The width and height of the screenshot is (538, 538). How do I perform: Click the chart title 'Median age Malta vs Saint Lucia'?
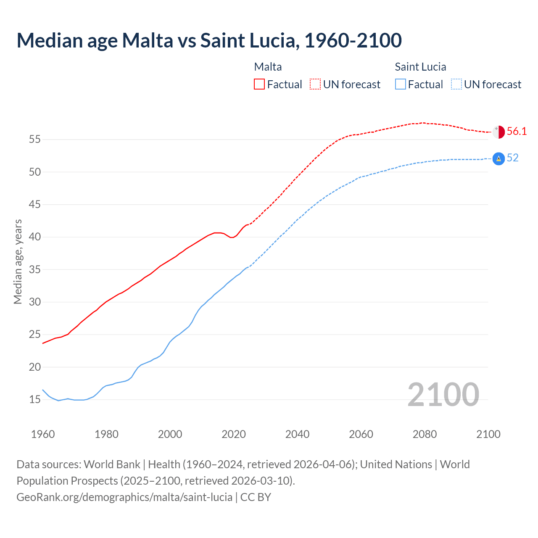point(209,40)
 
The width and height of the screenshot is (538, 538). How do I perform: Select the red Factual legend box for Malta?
point(259,84)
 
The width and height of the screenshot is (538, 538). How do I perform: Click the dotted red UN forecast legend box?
point(315,84)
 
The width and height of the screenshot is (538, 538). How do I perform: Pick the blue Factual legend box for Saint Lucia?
point(401,84)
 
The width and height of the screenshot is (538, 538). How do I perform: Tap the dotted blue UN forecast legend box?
point(456,84)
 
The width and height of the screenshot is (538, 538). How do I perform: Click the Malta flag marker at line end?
point(498,132)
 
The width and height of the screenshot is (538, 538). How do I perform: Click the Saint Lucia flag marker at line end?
point(498,158)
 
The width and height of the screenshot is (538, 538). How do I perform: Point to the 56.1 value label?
point(517,131)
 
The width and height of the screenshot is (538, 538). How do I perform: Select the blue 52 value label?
point(513,158)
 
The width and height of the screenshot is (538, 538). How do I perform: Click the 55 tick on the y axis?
point(35,139)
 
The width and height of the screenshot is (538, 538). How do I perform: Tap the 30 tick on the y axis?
point(35,302)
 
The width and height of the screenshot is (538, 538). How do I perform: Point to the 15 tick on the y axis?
point(35,399)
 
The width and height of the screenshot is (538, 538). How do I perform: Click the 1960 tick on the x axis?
point(43,434)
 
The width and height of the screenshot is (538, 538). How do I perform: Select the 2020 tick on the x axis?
point(234,434)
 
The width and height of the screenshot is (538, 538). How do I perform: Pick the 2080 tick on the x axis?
point(425,434)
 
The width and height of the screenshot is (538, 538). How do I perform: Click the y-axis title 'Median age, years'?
point(18,261)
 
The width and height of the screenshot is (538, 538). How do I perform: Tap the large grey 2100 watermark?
point(443,394)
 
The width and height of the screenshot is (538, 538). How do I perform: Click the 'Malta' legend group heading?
point(268,67)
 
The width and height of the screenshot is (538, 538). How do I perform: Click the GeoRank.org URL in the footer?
point(124,497)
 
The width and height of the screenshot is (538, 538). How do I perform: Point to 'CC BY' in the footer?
point(256,497)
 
